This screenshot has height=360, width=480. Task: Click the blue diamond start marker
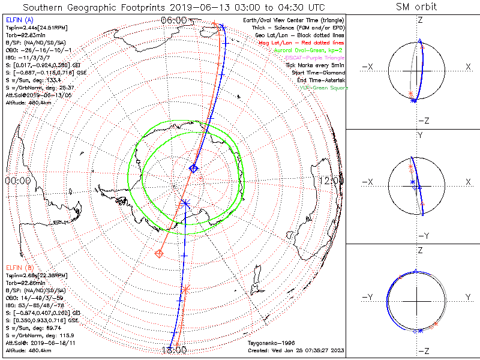pyautogui.click(x=193, y=169)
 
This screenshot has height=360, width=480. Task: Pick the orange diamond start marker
pyautogui.click(x=160, y=254)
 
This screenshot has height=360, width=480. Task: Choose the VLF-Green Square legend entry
pyautogui.click(x=324, y=88)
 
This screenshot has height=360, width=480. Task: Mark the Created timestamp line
pyautogui.click(x=295, y=350)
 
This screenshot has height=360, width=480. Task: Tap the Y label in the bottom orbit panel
pyautogui.click(x=467, y=297)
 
